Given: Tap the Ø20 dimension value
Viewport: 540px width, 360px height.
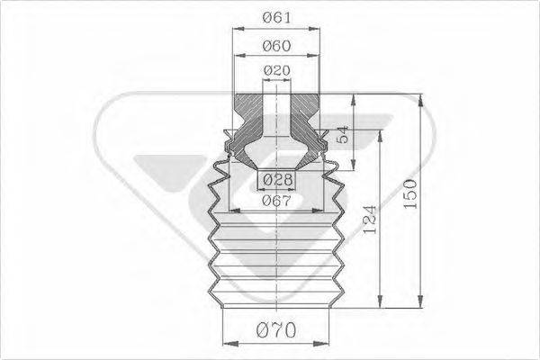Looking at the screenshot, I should (276, 70).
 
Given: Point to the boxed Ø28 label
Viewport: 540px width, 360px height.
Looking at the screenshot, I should (276, 181).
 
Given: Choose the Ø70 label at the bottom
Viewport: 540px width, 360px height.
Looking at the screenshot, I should (276, 330).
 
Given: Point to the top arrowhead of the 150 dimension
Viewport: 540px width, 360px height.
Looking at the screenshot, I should (419, 96).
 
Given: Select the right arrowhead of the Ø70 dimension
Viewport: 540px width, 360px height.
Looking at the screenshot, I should (327, 343).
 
